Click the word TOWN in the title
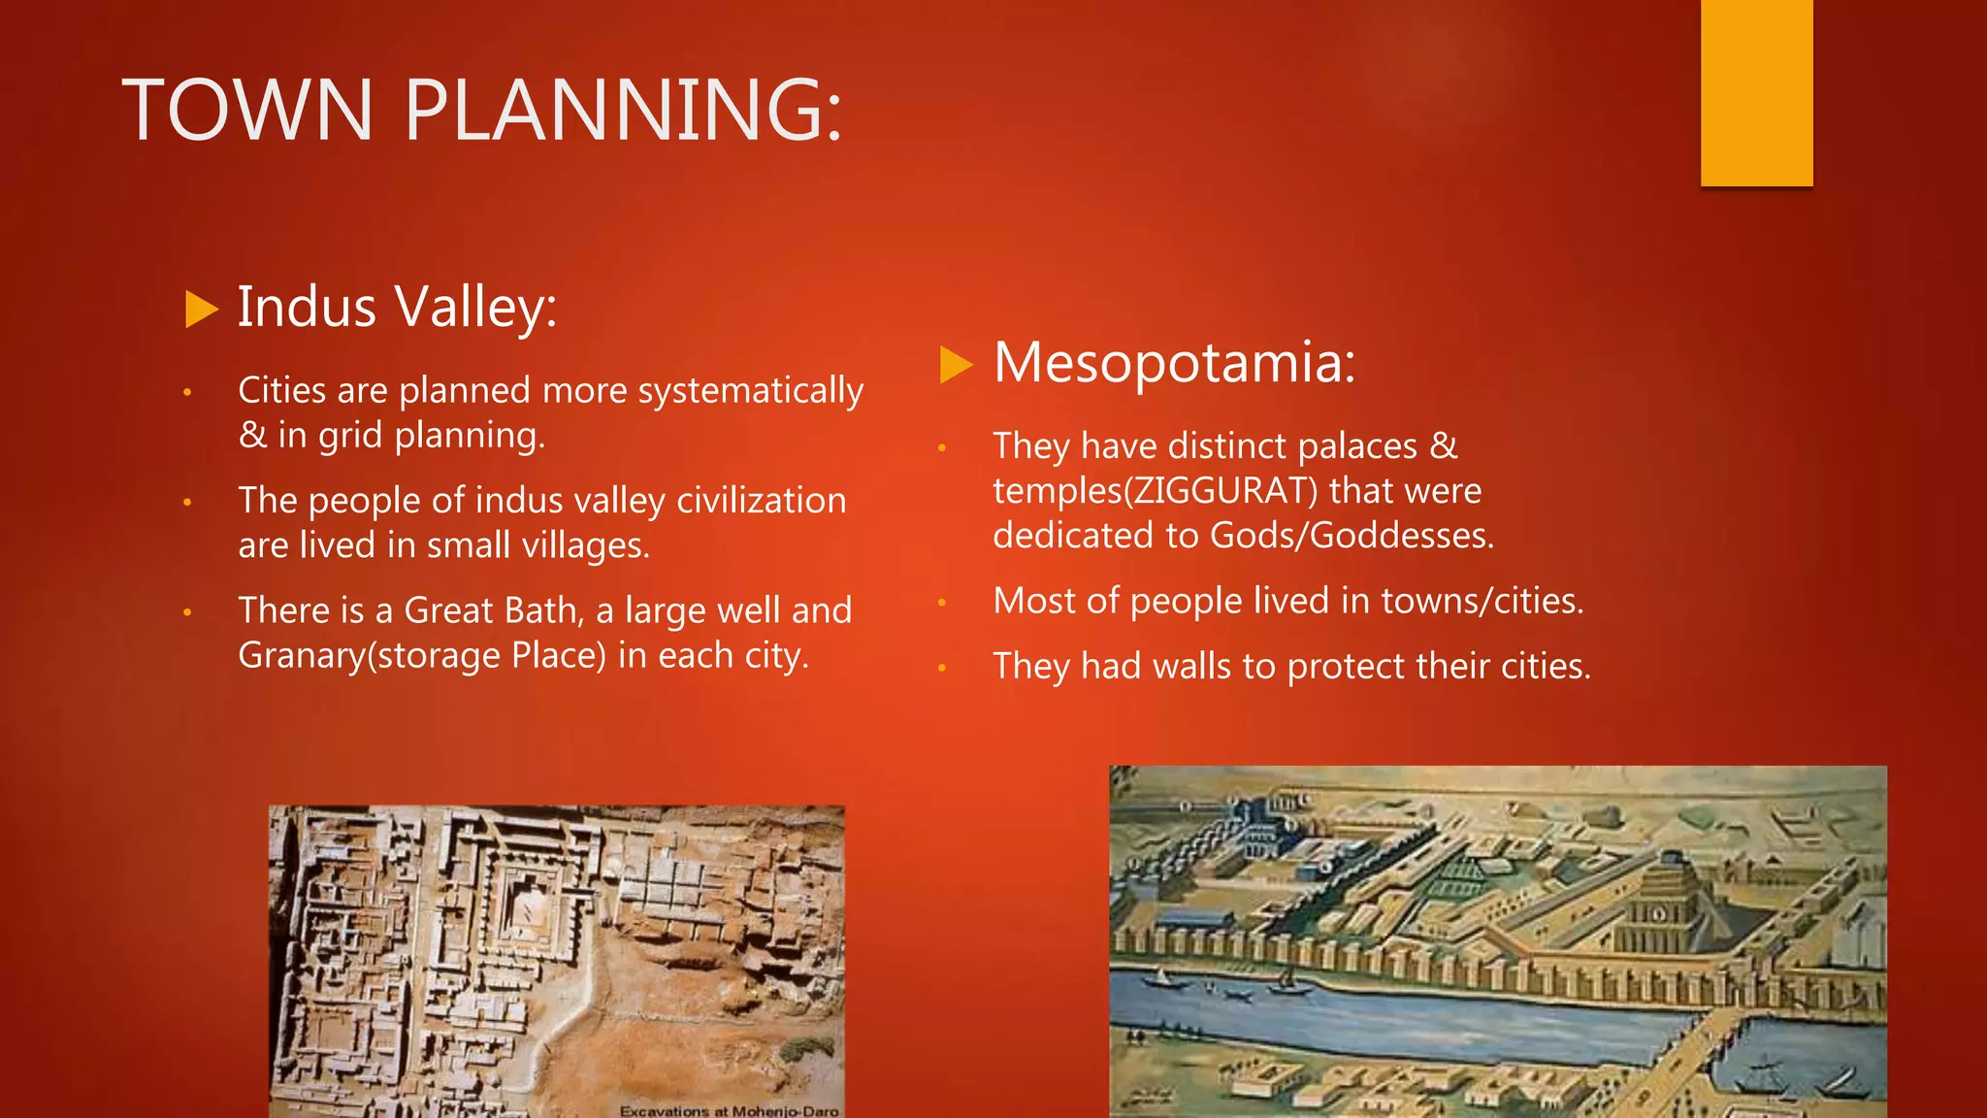click(247, 110)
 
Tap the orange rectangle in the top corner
click(1756, 92)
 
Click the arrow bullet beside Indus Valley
click(201, 310)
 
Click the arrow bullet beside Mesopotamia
click(956, 365)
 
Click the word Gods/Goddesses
click(1351, 536)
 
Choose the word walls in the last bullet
click(1191, 667)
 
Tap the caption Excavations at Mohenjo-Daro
click(729, 1110)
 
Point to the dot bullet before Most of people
click(941, 603)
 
